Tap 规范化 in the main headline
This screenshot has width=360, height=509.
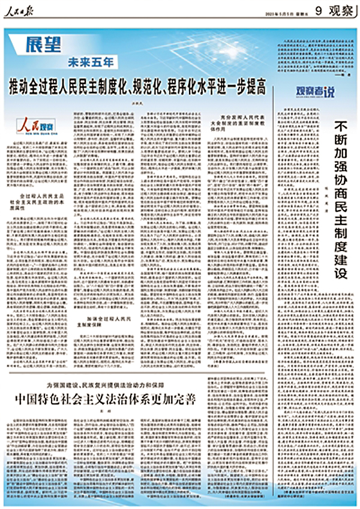pos(137,83)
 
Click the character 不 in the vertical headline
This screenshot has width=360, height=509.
pos(341,127)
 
